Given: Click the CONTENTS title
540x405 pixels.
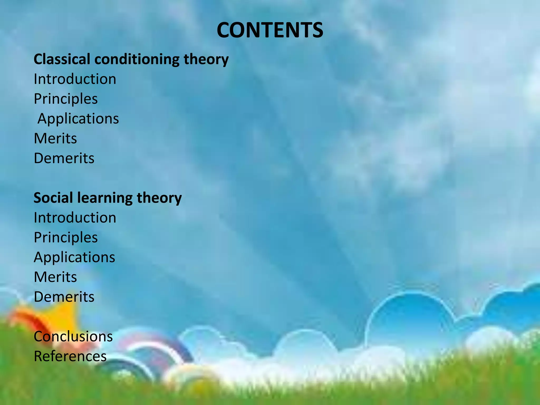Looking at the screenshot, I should [x=270, y=30].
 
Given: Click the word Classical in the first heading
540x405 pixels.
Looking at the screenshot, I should [x=62, y=59].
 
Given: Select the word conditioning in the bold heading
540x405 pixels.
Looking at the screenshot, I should [x=137, y=60].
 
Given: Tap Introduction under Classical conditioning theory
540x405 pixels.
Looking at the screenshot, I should [x=75, y=79].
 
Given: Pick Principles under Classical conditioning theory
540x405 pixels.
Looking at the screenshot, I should [x=66, y=99].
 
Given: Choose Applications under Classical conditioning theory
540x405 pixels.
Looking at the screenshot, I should [x=78, y=119].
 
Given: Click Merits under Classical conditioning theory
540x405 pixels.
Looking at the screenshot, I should [x=55, y=138].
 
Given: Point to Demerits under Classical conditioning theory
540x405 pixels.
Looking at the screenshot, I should [x=64, y=158].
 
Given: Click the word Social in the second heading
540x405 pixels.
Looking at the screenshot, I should [x=53, y=198].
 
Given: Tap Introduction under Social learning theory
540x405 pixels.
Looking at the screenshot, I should [x=75, y=218].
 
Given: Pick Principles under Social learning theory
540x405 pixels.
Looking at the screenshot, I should [x=66, y=238].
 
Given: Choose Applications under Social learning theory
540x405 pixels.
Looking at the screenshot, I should [x=74, y=258].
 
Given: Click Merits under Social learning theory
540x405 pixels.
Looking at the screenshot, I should [x=55, y=277].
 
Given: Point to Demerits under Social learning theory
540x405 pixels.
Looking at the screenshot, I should [x=64, y=297].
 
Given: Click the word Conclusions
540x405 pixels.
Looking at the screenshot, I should [x=73, y=336].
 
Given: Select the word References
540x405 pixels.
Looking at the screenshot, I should [x=70, y=356].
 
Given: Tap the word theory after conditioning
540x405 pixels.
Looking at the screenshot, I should [x=206, y=60].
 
